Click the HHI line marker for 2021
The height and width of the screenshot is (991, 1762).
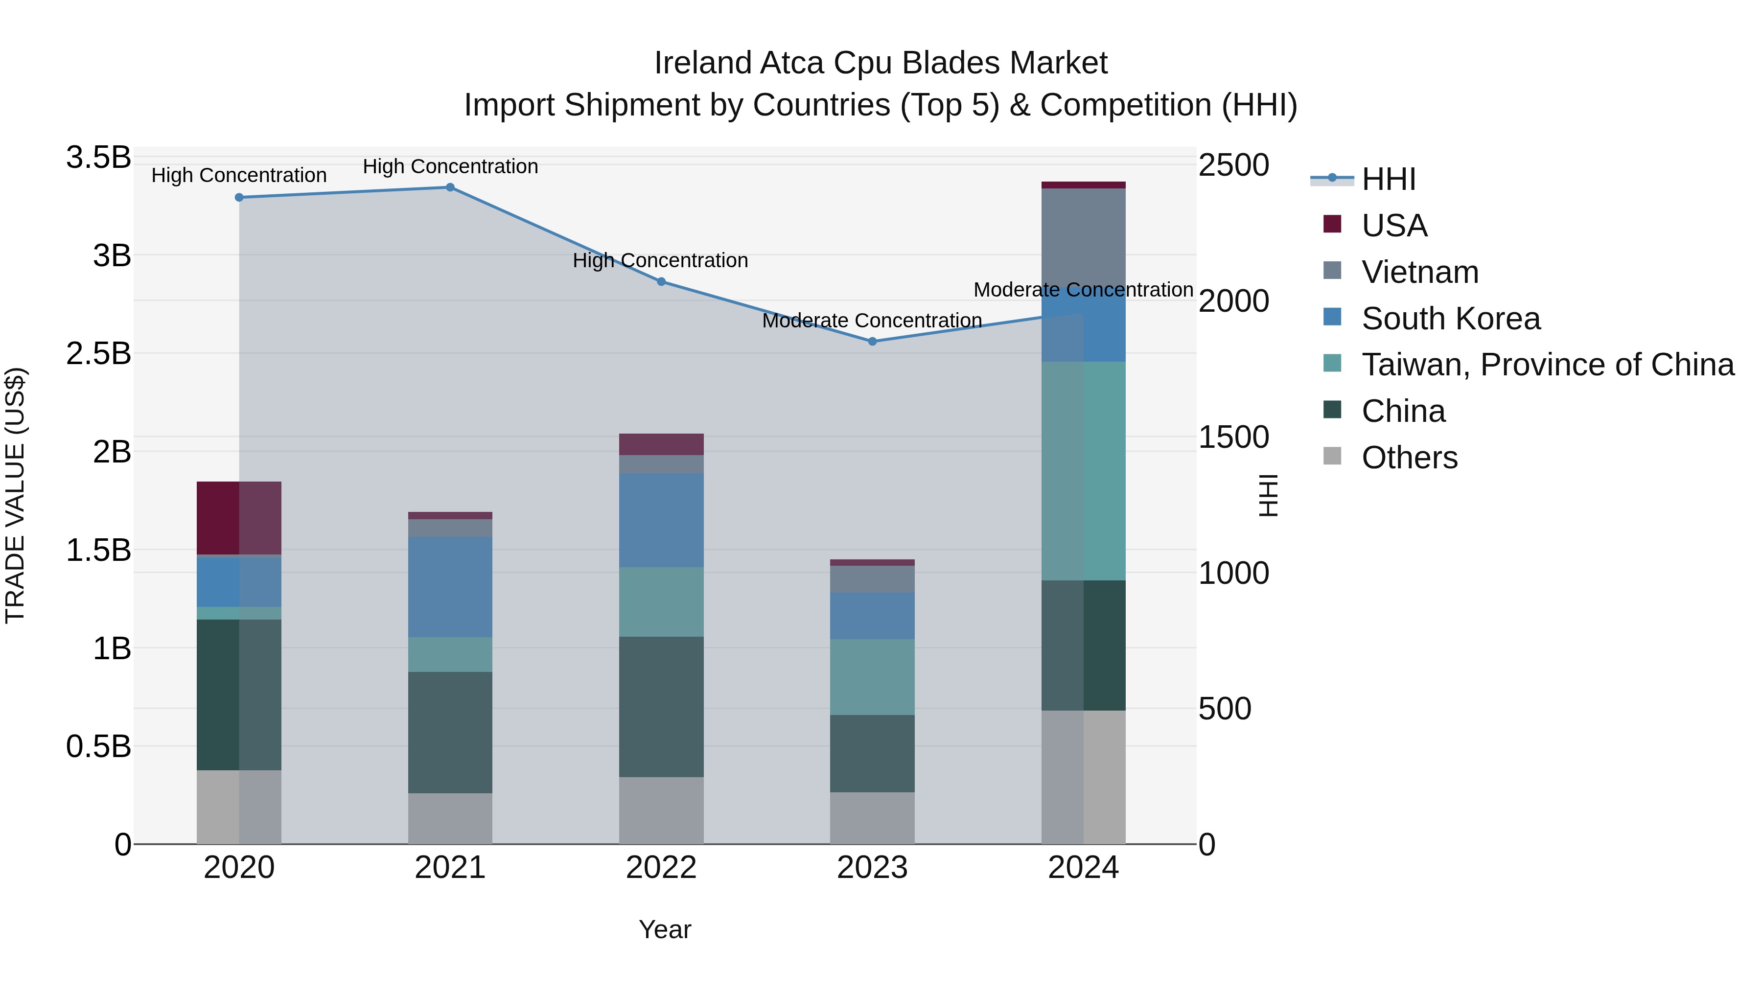click(x=450, y=187)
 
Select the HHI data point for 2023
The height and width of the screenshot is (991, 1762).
click(x=872, y=341)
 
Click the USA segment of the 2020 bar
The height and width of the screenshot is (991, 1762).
click(x=239, y=518)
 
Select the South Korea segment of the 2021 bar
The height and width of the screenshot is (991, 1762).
click(x=450, y=587)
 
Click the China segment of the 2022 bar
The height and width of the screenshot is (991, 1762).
click(x=661, y=707)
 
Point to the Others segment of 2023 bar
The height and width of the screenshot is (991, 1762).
click(x=872, y=818)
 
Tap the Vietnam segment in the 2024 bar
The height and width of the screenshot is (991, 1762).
click(x=1084, y=239)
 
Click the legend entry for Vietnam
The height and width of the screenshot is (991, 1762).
click(x=1419, y=272)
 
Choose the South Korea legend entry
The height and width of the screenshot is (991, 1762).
click(x=1450, y=319)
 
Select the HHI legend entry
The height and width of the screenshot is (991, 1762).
click(x=1388, y=179)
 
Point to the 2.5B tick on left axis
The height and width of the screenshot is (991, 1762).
click(x=98, y=354)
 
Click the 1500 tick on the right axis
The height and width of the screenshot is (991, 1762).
click(x=1233, y=437)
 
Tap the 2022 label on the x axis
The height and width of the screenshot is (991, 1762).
click(x=661, y=868)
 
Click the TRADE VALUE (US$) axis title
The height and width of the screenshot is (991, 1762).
click(x=15, y=495)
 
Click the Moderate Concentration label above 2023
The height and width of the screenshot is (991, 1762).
click(x=872, y=320)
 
